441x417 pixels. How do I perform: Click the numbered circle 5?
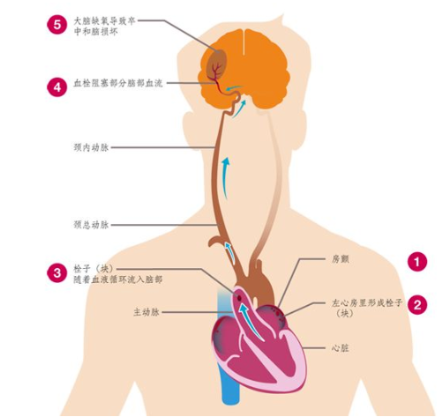57,25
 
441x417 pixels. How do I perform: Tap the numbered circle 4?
57,87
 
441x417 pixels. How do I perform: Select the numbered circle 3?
57,272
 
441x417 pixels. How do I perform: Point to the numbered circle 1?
417,262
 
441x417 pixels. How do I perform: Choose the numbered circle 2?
417,305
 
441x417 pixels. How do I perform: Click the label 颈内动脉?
91,147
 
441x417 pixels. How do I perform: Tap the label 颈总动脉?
91,225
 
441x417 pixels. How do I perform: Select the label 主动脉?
146,312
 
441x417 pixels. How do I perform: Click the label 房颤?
340,259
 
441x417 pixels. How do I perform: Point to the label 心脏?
340,348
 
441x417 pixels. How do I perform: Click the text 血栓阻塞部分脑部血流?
118,83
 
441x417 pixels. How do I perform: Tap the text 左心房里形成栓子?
367,302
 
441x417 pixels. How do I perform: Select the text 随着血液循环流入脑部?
118,279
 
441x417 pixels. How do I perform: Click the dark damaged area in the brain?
217,63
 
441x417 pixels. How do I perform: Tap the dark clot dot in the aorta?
239,299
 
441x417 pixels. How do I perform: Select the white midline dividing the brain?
243,41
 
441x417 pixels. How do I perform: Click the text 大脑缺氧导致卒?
104,21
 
